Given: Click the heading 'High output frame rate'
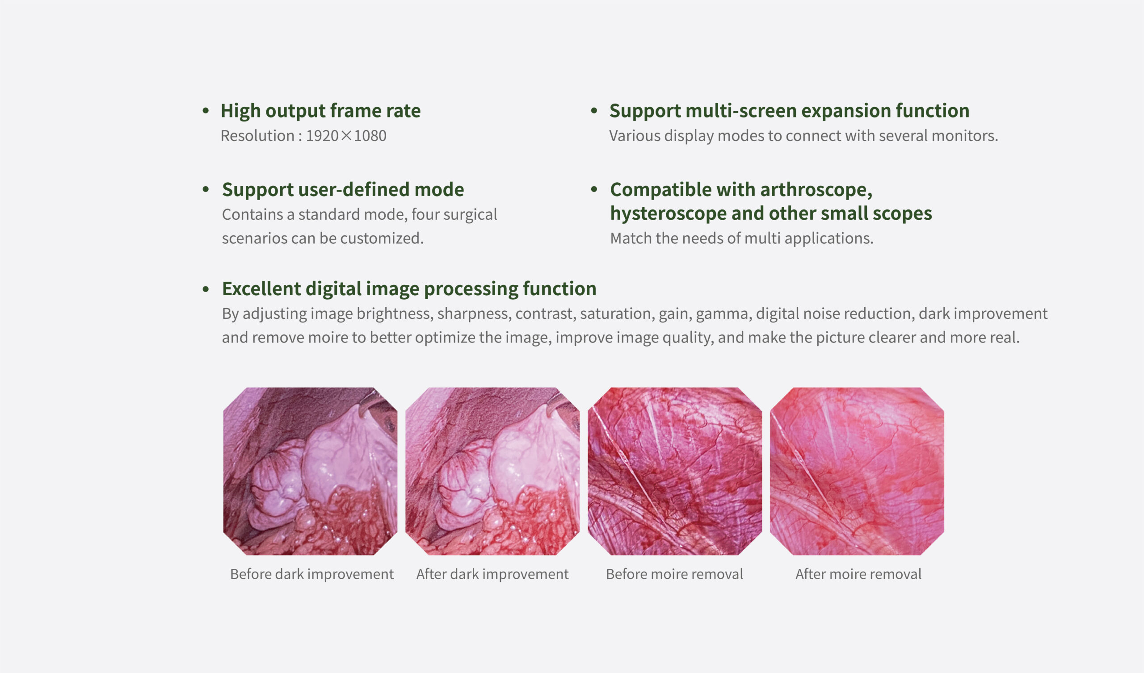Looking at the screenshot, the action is [320, 111].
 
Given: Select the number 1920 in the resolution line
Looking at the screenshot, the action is [322, 136].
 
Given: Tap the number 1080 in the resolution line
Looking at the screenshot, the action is [370, 136].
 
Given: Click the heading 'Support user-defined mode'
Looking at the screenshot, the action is [343, 190].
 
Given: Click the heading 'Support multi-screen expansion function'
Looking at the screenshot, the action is [789, 111].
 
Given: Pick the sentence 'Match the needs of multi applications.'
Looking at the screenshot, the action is [742, 238].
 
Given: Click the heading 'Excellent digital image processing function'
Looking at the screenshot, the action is [409, 288].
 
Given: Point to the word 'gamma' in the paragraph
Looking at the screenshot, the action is [722, 314].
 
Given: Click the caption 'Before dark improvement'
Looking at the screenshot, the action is [312, 574].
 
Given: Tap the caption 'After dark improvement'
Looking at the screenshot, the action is [492, 574].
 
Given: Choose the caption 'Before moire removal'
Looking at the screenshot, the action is [674, 574].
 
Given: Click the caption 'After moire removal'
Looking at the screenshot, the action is [858, 574].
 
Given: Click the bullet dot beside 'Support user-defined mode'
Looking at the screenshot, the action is [206, 189].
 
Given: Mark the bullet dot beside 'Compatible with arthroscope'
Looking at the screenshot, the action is [594, 189].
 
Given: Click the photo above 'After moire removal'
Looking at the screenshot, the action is [857, 471].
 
